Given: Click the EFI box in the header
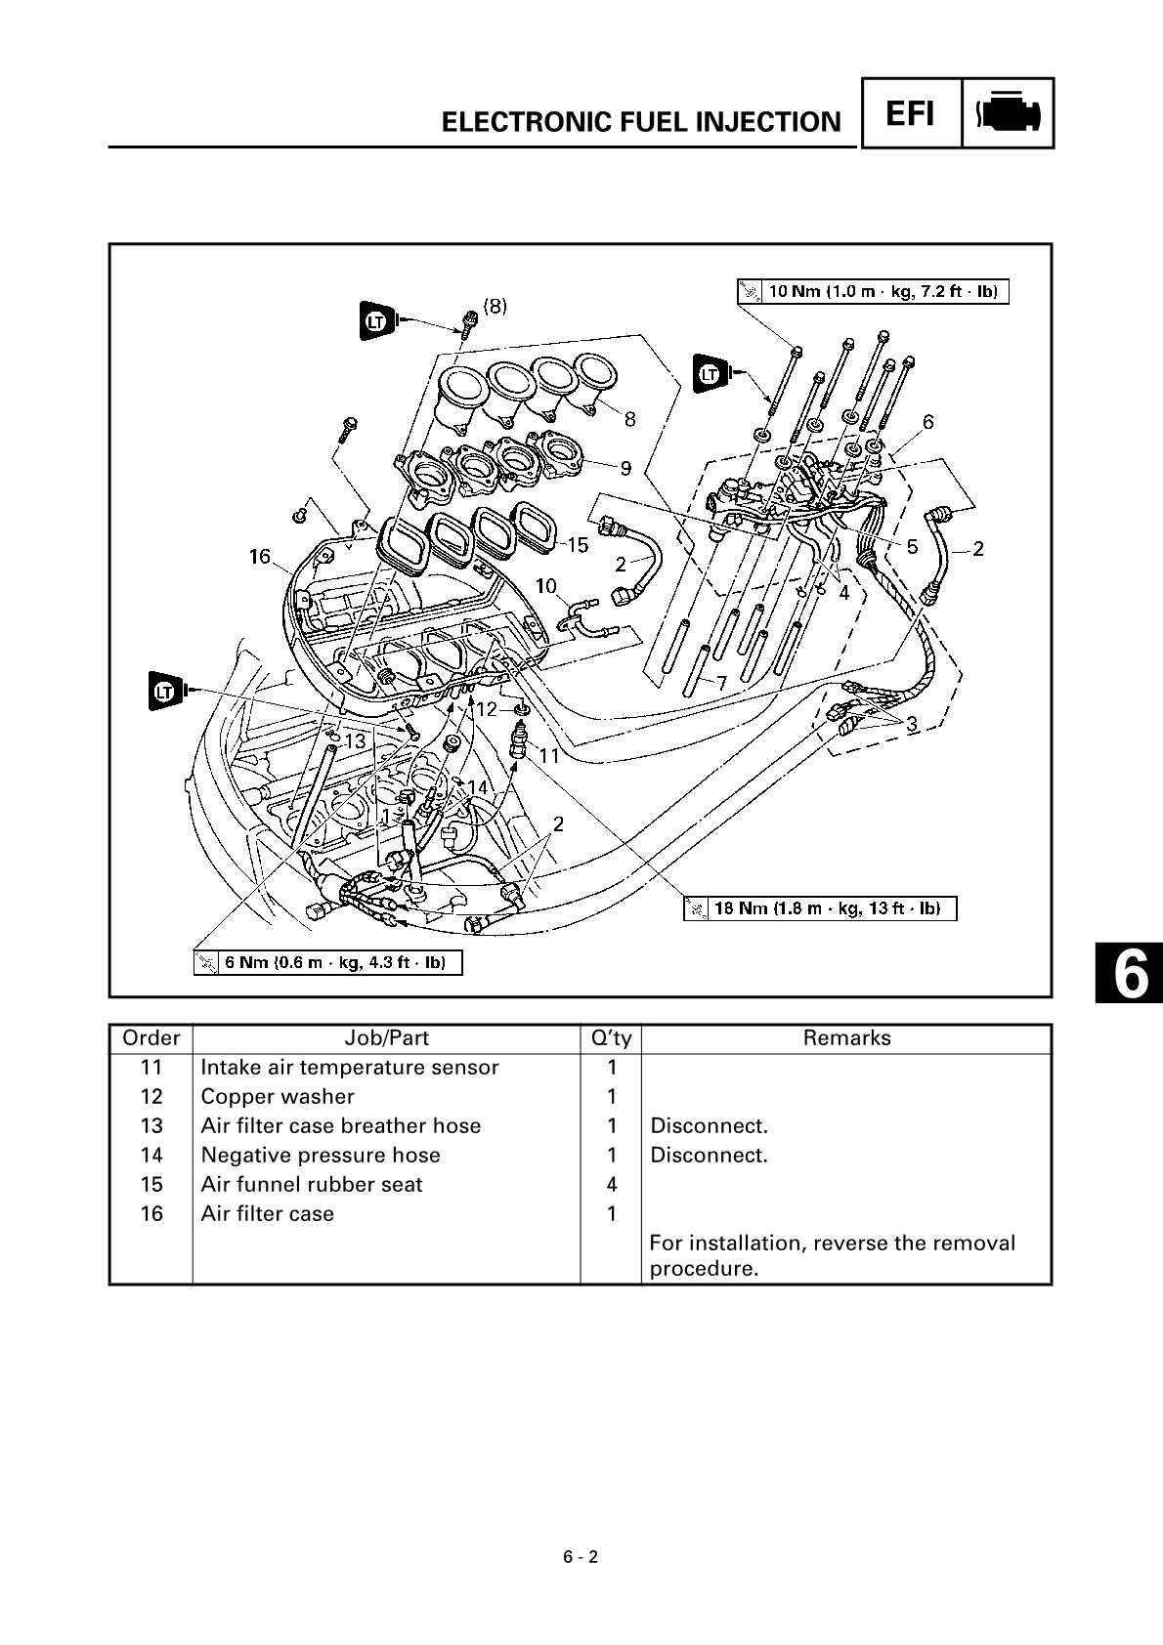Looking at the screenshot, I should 909,114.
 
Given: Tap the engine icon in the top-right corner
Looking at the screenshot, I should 1009,114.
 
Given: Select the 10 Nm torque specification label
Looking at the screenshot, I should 873,291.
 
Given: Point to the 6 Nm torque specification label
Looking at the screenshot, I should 327,963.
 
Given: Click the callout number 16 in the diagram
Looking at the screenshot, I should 259,557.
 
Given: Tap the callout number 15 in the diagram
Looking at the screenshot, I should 578,544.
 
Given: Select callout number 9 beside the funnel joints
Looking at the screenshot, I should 625,468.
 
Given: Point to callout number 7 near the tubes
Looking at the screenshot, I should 721,684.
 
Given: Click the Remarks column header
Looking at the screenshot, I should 846,1038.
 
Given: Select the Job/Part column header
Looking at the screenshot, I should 386,1038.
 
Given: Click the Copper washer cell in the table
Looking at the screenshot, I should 278,1097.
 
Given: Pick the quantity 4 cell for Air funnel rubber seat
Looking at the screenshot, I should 612,1185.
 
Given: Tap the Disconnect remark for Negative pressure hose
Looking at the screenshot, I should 710,1156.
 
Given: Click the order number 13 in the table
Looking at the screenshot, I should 151,1126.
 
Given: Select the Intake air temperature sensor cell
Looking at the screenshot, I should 350,1068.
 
